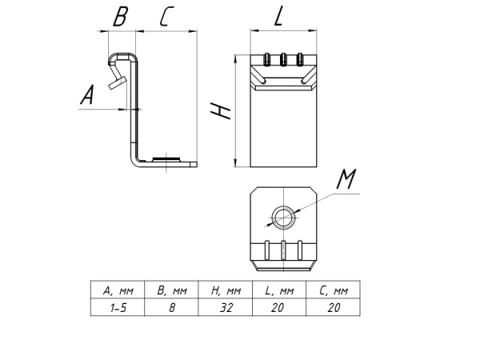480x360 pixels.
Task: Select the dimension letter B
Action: click(x=119, y=16)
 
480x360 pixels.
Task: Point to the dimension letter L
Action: click(x=278, y=17)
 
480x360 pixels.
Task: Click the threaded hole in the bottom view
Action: click(x=282, y=215)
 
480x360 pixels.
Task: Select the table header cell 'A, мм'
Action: click(x=118, y=290)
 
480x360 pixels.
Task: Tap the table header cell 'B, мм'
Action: click(x=171, y=290)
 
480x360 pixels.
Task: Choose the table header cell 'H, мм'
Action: click(x=226, y=290)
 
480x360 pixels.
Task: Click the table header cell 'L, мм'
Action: click(x=279, y=290)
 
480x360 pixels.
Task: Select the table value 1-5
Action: click(x=118, y=307)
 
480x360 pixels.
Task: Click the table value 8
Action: click(x=171, y=307)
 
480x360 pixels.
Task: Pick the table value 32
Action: click(x=226, y=307)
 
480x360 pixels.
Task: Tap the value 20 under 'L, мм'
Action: click(x=279, y=307)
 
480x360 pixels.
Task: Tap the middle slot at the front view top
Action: click(x=282, y=58)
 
